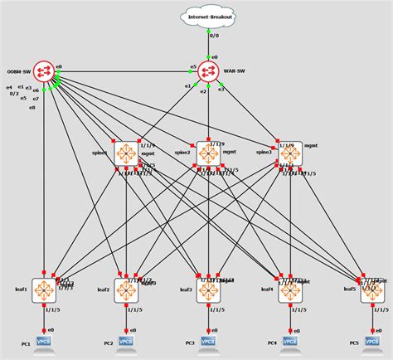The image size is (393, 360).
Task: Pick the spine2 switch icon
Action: pyautogui.click(x=210, y=153)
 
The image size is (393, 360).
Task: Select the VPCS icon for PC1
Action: pyautogui.click(x=44, y=341)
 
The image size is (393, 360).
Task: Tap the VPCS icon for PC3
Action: pyautogui.click(x=209, y=341)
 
